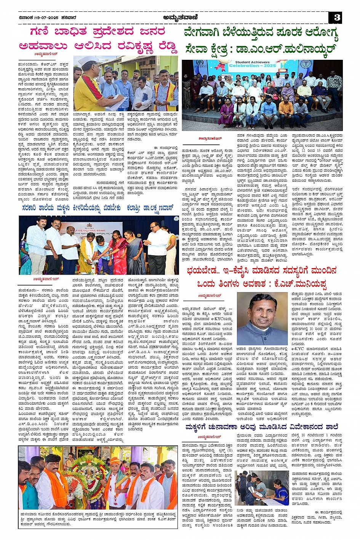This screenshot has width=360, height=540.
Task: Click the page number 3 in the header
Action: pos(336,18)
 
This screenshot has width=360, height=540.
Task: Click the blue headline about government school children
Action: pos(98,208)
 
